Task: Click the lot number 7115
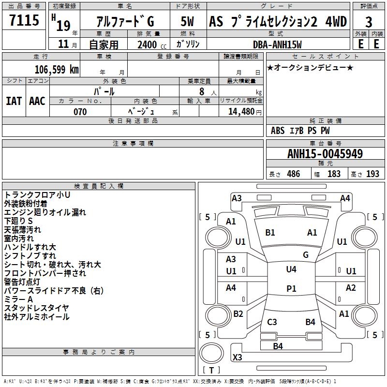point(24,21)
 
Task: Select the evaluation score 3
point(369,22)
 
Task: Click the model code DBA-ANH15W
point(277,45)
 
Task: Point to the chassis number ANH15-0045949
point(325,154)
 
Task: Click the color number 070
point(80,112)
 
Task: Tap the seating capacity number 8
point(201,91)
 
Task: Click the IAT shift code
point(14,101)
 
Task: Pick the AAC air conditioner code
point(37,101)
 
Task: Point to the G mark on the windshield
point(306,254)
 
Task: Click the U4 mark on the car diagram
point(291,269)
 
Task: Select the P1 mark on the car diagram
point(291,288)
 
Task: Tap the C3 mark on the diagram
point(272,322)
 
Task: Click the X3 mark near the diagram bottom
point(237,357)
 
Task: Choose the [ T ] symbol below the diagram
point(212,370)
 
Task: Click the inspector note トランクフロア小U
point(37,195)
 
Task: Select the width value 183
point(334,174)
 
